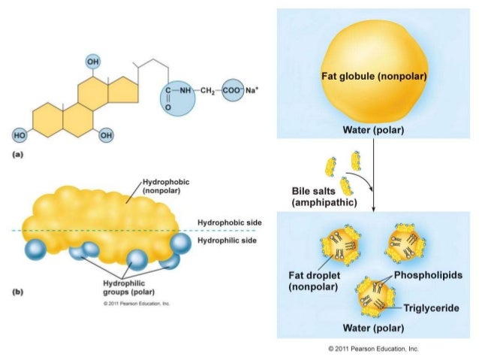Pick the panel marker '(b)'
(13, 293)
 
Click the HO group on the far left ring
(18, 135)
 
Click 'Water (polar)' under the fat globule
(374, 130)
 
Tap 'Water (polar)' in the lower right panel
(374, 328)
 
